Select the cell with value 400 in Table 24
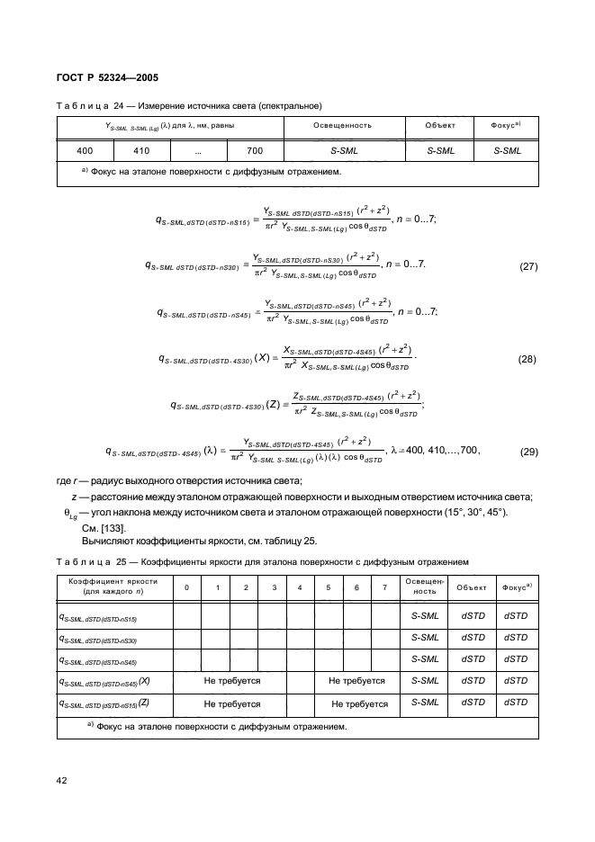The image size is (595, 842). [x=85, y=151]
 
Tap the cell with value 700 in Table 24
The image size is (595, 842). [x=255, y=151]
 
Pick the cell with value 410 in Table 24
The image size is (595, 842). [x=141, y=151]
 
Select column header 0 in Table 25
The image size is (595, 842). [x=186, y=587]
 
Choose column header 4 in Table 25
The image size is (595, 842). [x=300, y=587]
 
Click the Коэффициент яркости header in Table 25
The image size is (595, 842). [x=113, y=587]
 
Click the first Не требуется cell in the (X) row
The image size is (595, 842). [x=231, y=682]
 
